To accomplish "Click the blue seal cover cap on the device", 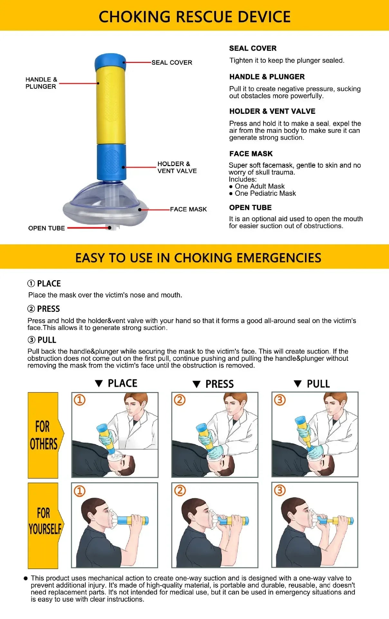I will (x=110, y=60).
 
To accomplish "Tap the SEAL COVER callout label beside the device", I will (x=172, y=63).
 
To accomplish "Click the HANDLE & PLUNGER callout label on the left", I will (x=41, y=83).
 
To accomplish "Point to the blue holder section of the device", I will (x=111, y=162).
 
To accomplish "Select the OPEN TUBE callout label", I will (x=46, y=228).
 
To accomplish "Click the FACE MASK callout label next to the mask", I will (x=188, y=209).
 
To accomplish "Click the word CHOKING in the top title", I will (x=134, y=17).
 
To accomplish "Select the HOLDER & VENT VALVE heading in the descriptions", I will (x=272, y=111).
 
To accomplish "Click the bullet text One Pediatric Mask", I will (x=265, y=193).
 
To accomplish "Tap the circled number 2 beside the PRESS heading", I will (x=31, y=309).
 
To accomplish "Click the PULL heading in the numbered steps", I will (x=47, y=340).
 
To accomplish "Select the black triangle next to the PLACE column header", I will (x=99, y=383).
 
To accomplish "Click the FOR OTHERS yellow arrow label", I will (x=44, y=435).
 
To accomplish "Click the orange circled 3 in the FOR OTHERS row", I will (x=280, y=400).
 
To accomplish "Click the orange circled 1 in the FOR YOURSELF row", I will (x=80, y=491).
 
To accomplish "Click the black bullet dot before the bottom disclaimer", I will (x=26, y=578).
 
